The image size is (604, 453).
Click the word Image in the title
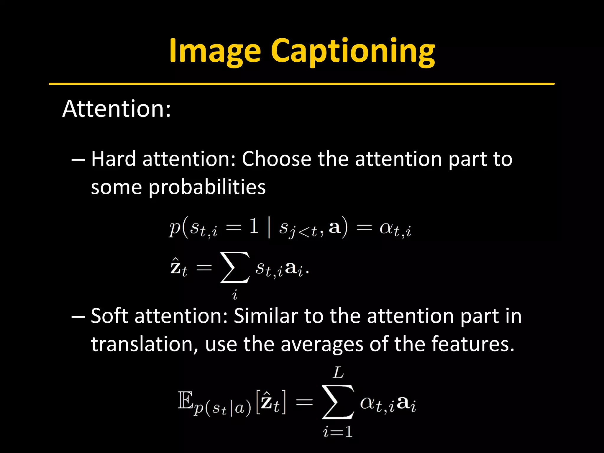click(215, 51)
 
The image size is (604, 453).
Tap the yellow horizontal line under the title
click(301, 84)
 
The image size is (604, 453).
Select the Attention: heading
click(116, 109)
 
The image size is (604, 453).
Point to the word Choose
click(276, 159)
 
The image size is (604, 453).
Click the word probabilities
click(207, 187)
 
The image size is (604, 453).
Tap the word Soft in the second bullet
click(109, 316)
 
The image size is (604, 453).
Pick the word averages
click(322, 344)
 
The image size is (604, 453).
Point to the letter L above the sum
click(338, 373)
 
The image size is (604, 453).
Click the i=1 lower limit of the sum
click(338, 432)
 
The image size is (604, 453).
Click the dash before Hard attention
click(78, 160)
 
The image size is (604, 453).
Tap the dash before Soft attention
click(78, 317)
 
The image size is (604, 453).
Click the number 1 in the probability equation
click(254, 227)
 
